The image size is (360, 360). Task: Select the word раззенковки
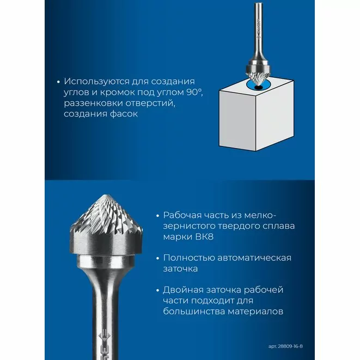click(93, 103)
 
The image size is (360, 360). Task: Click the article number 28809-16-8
click(290, 346)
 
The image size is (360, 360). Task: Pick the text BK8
click(204, 237)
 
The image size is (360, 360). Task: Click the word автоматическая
click(254, 258)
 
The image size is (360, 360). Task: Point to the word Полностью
click(189, 258)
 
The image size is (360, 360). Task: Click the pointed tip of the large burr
click(106, 196)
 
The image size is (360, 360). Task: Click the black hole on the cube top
click(259, 88)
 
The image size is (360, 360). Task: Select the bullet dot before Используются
click(58, 82)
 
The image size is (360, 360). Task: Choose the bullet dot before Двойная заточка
click(157, 290)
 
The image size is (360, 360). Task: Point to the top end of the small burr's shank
click(259, 3)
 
